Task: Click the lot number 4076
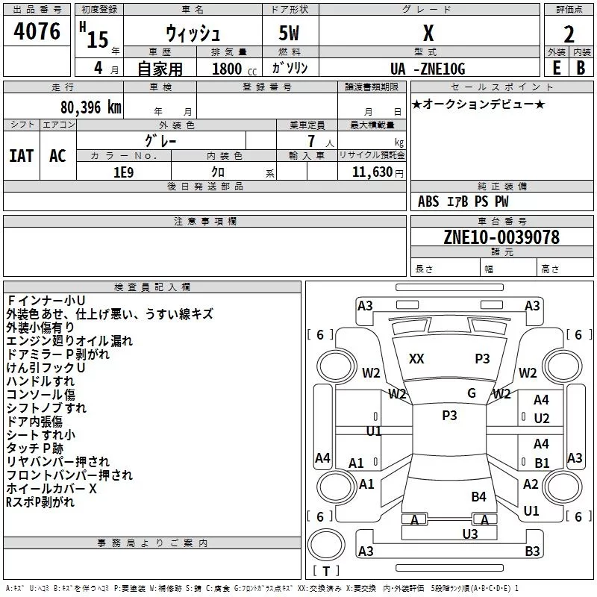coord(37,31)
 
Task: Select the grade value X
coord(428,33)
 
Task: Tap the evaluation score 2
coord(569,34)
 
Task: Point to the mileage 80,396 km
coord(90,107)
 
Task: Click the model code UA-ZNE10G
coord(428,69)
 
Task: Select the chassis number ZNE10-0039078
coord(501,237)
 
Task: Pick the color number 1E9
coord(123,172)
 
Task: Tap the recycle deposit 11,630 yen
coord(378,172)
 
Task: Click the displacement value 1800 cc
coord(234,69)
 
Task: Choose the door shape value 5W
coord(289,33)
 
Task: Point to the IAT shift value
coord(22,156)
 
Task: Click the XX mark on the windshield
coord(416,359)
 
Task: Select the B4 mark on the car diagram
coord(478,497)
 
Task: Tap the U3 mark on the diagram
coord(470,534)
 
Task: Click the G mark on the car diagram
coord(472,393)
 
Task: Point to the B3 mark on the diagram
coord(532,551)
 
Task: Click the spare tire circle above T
coord(326,545)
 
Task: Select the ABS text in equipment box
coord(428,201)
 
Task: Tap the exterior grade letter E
coord(557,68)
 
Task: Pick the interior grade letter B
coord(581,68)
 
